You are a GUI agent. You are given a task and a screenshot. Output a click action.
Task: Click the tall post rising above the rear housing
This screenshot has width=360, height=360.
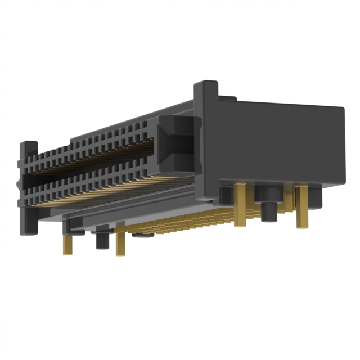pyautogui.click(x=206, y=101)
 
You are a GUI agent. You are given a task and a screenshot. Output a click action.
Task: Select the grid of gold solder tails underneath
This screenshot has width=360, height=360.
pyautogui.click(x=180, y=222)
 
